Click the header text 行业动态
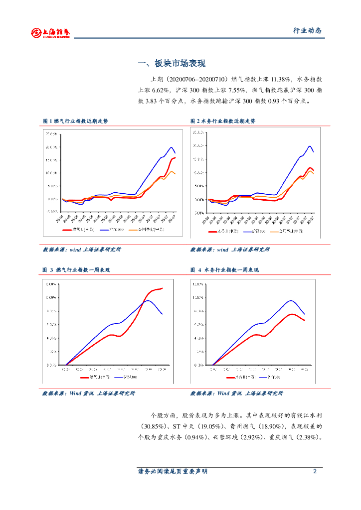[x=307, y=31]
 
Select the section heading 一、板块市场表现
[x=171, y=64]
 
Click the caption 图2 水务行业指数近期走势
[x=223, y=121]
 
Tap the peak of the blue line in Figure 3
[x=148, y=300]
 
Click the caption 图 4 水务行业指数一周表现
[x=225, y=270]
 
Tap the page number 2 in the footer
[x=315, y=471]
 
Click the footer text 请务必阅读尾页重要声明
[x=173, y=471]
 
